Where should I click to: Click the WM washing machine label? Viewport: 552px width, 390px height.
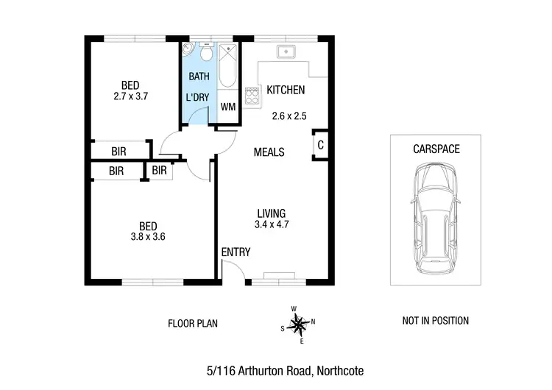tap(228, 107)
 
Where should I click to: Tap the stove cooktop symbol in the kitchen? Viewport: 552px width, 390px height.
tap(252, 94)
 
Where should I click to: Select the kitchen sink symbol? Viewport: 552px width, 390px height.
tap(286, 52)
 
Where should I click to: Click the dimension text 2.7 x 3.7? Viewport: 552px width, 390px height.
tap(132, 96)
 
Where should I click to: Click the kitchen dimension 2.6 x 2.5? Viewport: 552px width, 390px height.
tap(289, 116)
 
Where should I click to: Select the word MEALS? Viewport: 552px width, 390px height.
tap(269, 152)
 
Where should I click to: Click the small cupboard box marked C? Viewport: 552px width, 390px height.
tap(320, 145)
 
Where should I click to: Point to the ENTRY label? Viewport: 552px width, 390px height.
tap(236, 252)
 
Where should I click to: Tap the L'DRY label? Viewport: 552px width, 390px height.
tap(199, 97)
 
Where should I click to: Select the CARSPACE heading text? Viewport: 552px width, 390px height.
tap(436, 149)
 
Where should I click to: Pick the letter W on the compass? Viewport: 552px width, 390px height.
tap(293, 309)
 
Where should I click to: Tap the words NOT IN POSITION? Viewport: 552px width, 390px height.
tap(435, 321)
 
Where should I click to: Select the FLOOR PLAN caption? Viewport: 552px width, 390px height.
tap(193, 323)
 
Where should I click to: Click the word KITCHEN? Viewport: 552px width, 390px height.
tap(286, 90)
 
